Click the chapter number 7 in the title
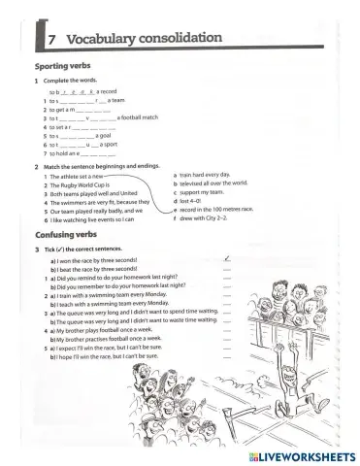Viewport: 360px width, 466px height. point(51,39)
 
